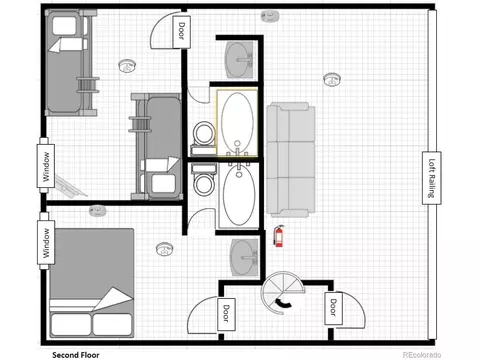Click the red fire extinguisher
(x=279, y=236)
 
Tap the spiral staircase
(x=283, y=293)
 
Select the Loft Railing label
(x=432, y=178)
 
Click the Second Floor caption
(x=76, y=355)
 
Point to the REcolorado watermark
(x=422, y=355)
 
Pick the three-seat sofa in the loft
(x=291, y=160)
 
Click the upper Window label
(x=46, y=167)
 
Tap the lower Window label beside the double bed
(x=46, y=242)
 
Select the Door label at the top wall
(x=182, y=31)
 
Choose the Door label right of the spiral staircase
(x=333, y=307)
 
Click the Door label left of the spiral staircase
(x=226, y=313)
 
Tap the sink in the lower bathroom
(x=245, y=258)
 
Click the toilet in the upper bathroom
(x=204, y=137)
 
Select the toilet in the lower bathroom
(x=204, y=180)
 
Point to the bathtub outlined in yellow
(x=237, y=122)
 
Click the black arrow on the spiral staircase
(x=283, y=302)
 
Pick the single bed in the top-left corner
(x=71, y=63)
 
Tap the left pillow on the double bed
(x=70, y=324)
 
